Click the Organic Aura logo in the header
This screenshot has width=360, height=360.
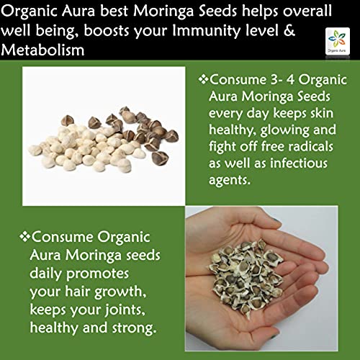pos(338,41)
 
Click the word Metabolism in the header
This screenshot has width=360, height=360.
pos(42,50)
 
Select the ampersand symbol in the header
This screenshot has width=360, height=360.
pos(289,30)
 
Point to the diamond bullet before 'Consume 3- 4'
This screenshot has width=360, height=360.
pos(203,79)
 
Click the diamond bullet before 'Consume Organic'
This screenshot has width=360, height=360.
pos(24,237)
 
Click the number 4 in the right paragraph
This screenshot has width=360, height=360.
pos(290,79)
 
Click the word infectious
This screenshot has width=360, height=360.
pos(299,163)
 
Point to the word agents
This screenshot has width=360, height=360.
pos(230,181)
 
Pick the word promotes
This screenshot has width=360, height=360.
pos(97,274)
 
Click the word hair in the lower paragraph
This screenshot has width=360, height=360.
pos(78,292)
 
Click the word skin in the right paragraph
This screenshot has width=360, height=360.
pos(322,113)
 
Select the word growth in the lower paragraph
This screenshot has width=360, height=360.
pos(120,292)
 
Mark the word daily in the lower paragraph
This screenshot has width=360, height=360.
pos(46,274)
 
